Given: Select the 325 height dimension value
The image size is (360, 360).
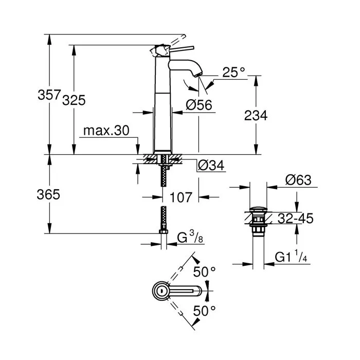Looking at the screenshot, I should [x=74, y=100].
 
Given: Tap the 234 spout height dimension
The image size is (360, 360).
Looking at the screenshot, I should [x=256, y=116].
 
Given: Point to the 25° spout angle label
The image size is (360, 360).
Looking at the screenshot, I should [x=234, y=73].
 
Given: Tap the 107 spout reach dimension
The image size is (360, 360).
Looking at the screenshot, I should [x=181, y=196].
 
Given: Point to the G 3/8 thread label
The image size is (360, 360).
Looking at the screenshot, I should [x=191, y=238].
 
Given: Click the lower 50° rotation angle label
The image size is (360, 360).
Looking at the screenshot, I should [x=205, y=310].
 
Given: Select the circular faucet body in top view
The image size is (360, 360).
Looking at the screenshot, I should [x=161, y=291].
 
